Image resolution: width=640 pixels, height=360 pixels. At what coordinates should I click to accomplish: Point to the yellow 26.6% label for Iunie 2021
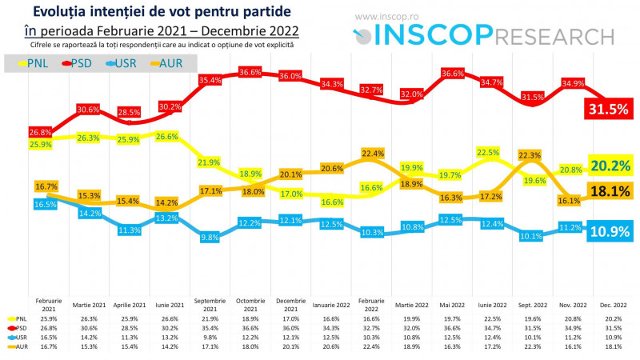pyautogui.click(x=166, y=137)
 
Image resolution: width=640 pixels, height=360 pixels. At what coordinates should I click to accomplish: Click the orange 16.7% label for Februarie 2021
pyautogui.click(x=46, y=186)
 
